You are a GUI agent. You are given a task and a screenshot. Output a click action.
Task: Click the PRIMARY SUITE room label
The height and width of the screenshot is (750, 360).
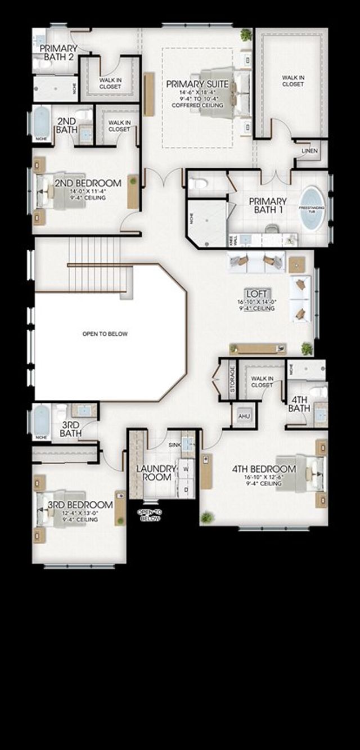coord(197,84)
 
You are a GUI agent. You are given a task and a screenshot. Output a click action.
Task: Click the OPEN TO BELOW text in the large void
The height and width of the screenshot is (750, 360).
coord(105,334)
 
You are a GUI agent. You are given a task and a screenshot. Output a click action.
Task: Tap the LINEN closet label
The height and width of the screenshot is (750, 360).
coord(309,151)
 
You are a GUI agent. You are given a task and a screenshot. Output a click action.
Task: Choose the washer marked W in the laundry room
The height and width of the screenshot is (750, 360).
coord(185,469)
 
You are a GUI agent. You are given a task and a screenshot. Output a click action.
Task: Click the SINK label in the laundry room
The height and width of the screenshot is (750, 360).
coord(175,444)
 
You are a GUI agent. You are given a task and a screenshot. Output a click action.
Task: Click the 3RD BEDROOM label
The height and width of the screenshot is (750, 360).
coord(80,505)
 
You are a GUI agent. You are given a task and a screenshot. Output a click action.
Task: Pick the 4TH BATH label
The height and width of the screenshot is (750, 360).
coord(299,403)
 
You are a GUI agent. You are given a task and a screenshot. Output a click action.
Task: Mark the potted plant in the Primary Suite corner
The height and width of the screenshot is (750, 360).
coord(246,35)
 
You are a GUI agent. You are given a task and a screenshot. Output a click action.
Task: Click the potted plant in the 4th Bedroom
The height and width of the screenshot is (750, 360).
coord(208,517)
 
